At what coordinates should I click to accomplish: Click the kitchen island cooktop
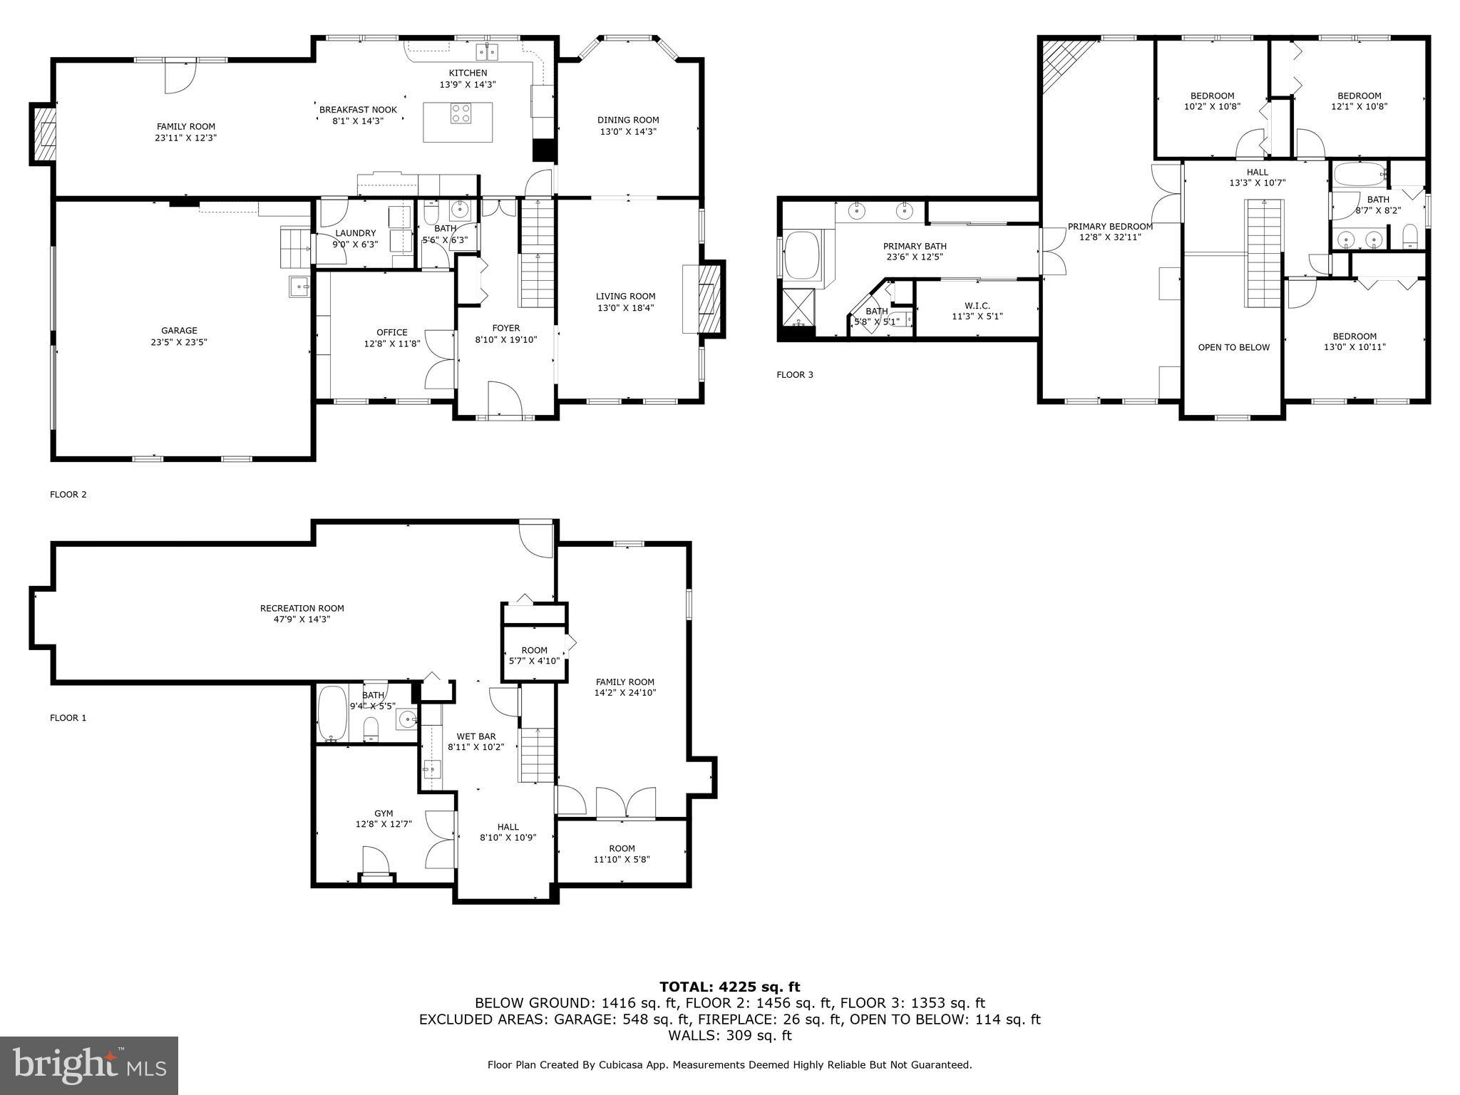461,113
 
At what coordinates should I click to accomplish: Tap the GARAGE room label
179,331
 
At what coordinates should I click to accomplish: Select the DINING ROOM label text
628,120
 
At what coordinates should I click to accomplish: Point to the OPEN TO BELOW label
1233,347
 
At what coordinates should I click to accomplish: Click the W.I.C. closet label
977,306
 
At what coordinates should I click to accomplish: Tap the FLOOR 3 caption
794,375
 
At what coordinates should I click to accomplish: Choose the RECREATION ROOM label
302,608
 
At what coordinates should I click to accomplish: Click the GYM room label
384,813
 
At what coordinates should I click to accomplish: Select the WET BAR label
476,736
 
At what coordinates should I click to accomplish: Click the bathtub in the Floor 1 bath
331,714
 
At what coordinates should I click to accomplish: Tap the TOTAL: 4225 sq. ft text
729,987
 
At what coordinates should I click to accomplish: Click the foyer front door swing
505,398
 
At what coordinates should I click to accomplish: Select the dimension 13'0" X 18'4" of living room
626,308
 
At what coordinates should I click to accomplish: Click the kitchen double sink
487,52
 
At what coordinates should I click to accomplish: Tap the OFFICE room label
391,332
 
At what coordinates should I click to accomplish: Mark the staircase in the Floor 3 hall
1263,253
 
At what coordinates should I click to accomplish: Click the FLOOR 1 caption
68,718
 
